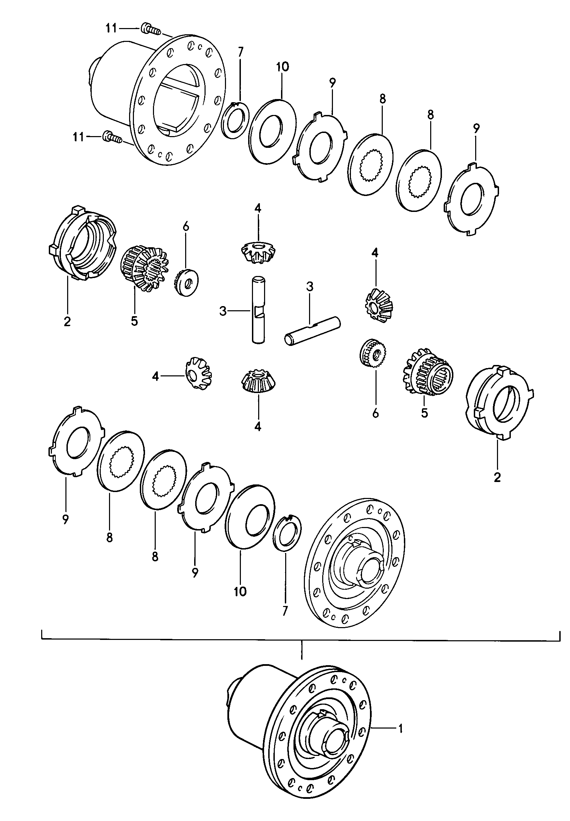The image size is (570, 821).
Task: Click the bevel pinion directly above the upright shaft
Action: pyautogui.click(x=258, y=252)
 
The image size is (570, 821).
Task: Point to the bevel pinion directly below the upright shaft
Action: pyautogui.click(x=257, y=382)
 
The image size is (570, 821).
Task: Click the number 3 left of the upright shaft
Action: pyautogui.click(x=223, y=312)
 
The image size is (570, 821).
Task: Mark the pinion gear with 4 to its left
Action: pyautogui.click(x=199, y=373)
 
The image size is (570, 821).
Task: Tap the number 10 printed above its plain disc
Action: pyautogui.click(x=282, y=67)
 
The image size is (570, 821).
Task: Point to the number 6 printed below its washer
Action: pyautogui.click(x=376, y=414)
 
